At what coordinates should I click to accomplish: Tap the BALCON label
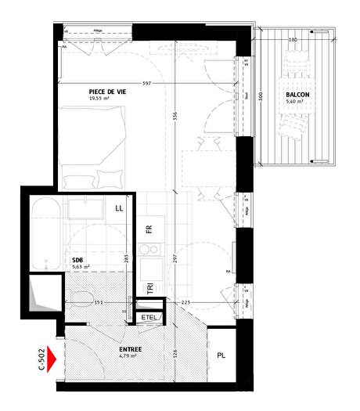[x=297, y=95]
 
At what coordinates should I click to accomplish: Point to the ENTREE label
[x=130, y=348]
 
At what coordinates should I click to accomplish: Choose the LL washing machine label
[x=119, y=208]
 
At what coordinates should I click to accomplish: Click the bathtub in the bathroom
[x=45, y=233]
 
